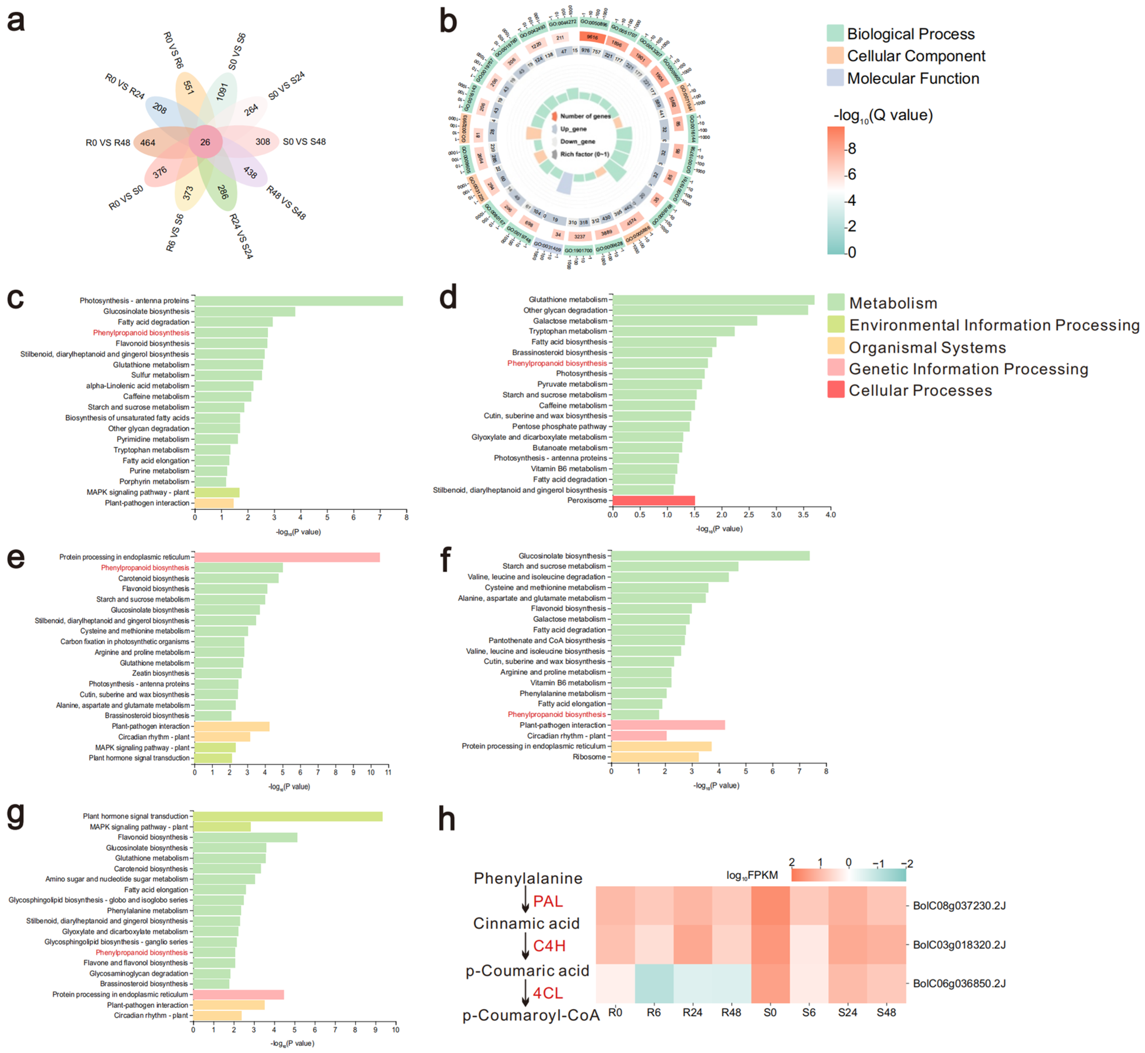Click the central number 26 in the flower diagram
click(x=205, y=142)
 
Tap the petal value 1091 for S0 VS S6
click(x=222, y=91)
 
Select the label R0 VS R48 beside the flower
click(x=108, y=143)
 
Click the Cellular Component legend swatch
click(x=835, y=56)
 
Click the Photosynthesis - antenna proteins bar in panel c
click(x=299, y=300)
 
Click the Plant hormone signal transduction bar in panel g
click(x=287, y=816)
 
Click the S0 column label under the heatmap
click(x=770, y=1013)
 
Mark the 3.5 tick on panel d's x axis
click(x=803, y=515)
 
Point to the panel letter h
click(x=447, y=819)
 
